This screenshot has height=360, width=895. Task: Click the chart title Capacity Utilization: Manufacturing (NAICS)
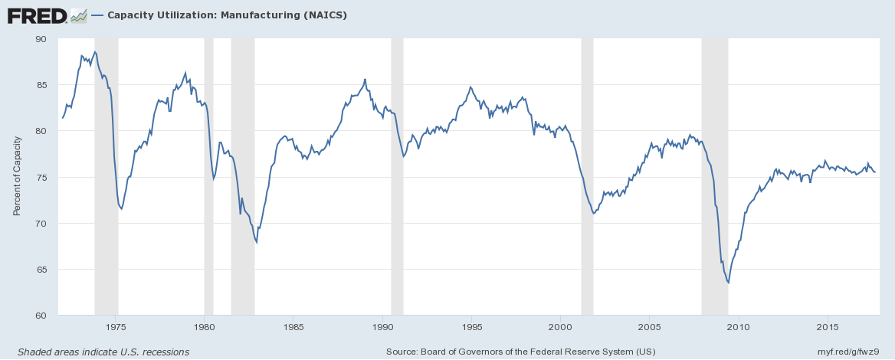tap(228, 15)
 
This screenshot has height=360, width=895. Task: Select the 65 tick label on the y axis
tap(41, 270)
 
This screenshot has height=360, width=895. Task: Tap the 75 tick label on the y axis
tap(41, 177)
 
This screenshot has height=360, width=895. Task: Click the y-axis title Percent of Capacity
tap(17, 177)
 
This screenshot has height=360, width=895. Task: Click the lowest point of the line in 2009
tap(728, 283)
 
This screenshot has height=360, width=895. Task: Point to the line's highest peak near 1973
tap(95, 52)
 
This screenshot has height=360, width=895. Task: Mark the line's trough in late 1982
tap(256, 242)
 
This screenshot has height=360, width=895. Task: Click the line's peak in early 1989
tap(365, 79)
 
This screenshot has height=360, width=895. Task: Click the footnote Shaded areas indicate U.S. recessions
tap(103, 352)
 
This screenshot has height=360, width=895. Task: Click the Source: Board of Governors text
tap(522, 352)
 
